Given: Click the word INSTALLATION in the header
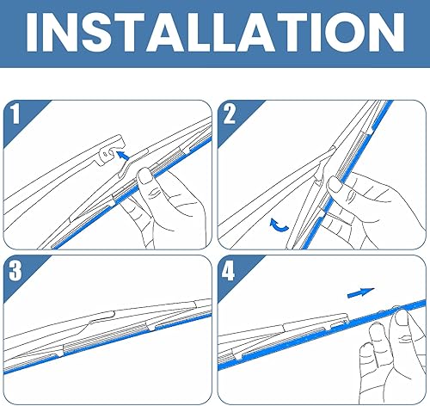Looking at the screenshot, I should click(x=215, y=35).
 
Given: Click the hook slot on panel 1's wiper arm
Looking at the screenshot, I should click(x=104, y=154).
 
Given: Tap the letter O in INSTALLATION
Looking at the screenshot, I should click(x=343, y=35).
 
